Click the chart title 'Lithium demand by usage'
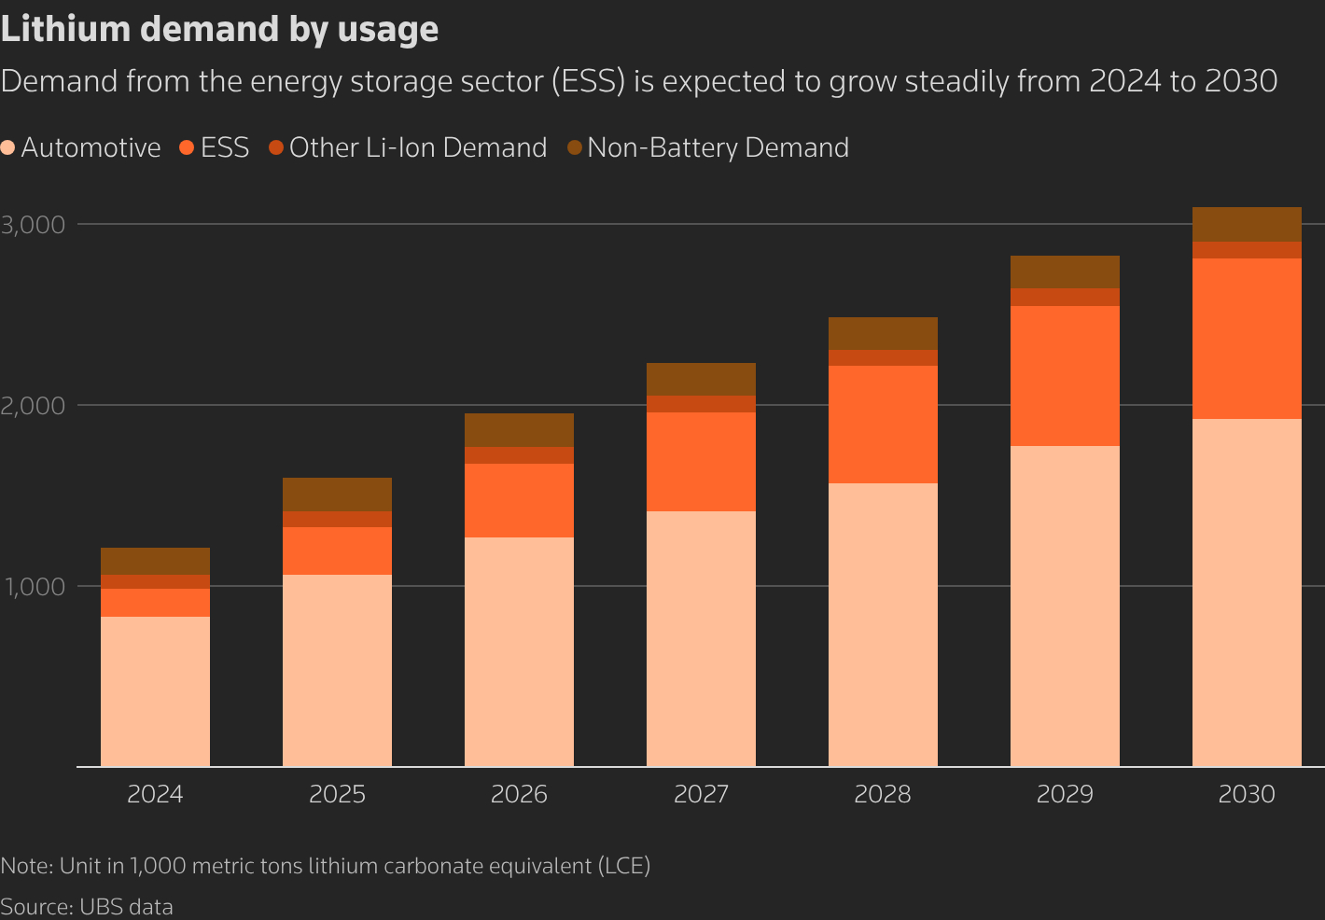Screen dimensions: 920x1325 219,30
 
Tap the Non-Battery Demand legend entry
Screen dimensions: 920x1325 708,148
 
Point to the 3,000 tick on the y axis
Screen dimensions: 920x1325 34,225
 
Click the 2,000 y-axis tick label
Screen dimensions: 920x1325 34,406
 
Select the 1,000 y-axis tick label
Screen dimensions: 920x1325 34,587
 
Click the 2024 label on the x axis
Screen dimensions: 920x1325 155,794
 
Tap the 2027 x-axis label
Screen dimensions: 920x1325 701,794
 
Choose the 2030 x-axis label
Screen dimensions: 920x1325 1247,794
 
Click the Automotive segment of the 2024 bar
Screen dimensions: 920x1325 155,691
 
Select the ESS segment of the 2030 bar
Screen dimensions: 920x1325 1247,339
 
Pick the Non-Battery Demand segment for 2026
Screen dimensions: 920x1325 519,430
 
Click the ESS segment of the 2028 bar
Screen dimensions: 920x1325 883,425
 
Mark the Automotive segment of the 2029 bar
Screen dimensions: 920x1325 1065,606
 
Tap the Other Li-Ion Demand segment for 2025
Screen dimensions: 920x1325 337,520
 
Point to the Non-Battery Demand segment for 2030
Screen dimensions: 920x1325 1247,225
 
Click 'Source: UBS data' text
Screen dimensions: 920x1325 87,907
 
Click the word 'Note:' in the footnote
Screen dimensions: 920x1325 26,866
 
